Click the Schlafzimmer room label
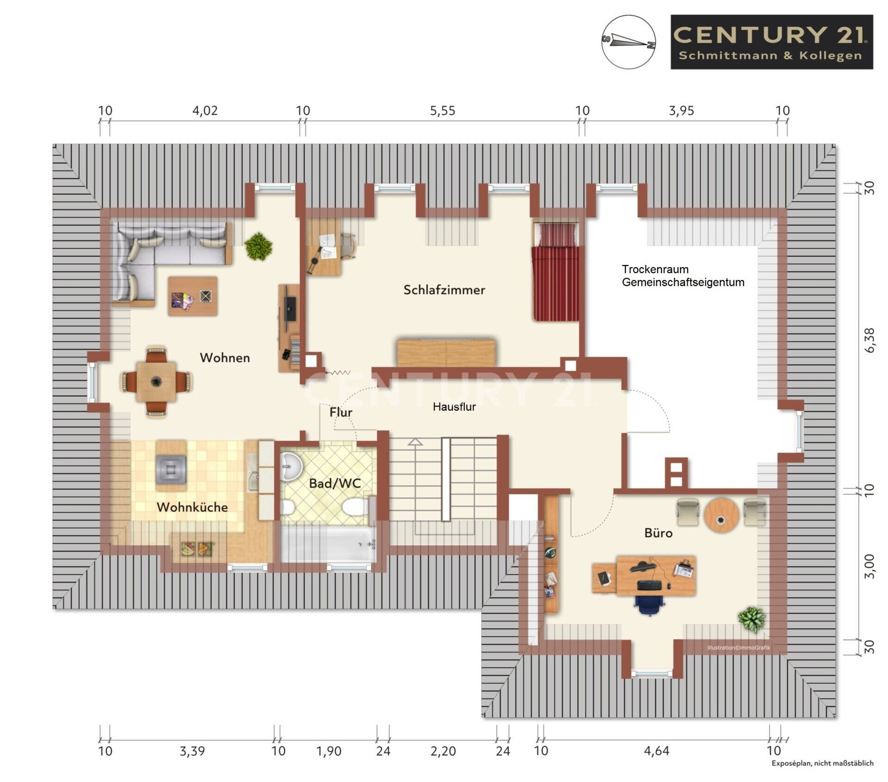pyautogui.click(x=444, y=290)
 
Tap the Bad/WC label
pyautogui.click(x=334, y=483)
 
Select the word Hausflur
pyautogui.click(x=454, y=407)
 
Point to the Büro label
pyautogui.click(x=658, y=533)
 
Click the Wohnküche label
pyautogui.click(x=192, y=507)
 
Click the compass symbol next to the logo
pyautogui.click(x=629, y=42)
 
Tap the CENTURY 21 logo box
pyautogui.click(x=771, y=42)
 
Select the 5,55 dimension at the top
pyautogui.click(x=443, y=111)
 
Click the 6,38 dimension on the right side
pyautogui.click(x=869, y=340)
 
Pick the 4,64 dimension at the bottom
pyautogui.click(x=656, y=751)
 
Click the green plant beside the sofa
pyautogui.click(x=259, y=246)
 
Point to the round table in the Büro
pyautogui.click(x=721, y=515)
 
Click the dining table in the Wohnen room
pyautogui.click(x=156, y=382)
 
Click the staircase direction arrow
pyautogui.click(x=415, y=442)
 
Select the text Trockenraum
pyautogui.click(x=654, y=269)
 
